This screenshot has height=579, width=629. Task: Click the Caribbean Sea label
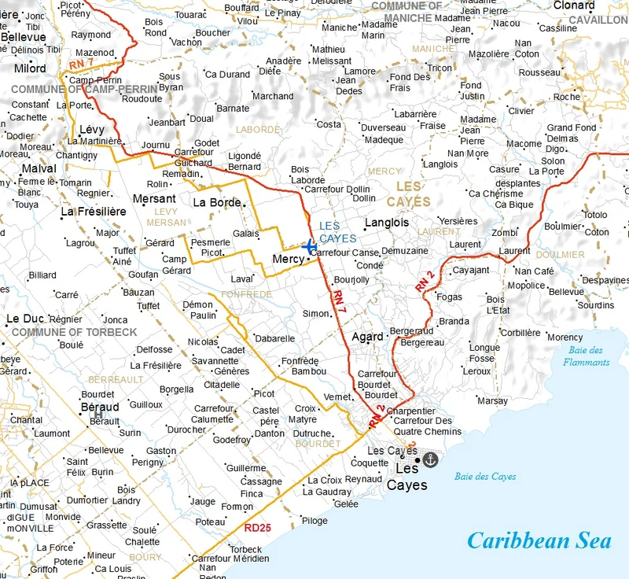(539, 541)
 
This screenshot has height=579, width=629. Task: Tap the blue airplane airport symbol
(309, 246)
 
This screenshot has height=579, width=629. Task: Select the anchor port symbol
(430, 459)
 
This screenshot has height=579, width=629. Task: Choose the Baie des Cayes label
(485, 477)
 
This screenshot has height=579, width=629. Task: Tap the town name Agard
(367, 336)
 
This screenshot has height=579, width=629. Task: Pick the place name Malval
(39, 168)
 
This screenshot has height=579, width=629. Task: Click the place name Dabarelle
(275, 338)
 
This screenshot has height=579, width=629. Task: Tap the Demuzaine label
(404, 251)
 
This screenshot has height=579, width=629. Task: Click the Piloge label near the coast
(314, 521)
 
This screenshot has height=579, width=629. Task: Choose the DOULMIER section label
(560, 255)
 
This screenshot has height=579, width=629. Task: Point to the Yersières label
(458, 221)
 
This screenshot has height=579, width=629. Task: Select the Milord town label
(31, 68)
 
